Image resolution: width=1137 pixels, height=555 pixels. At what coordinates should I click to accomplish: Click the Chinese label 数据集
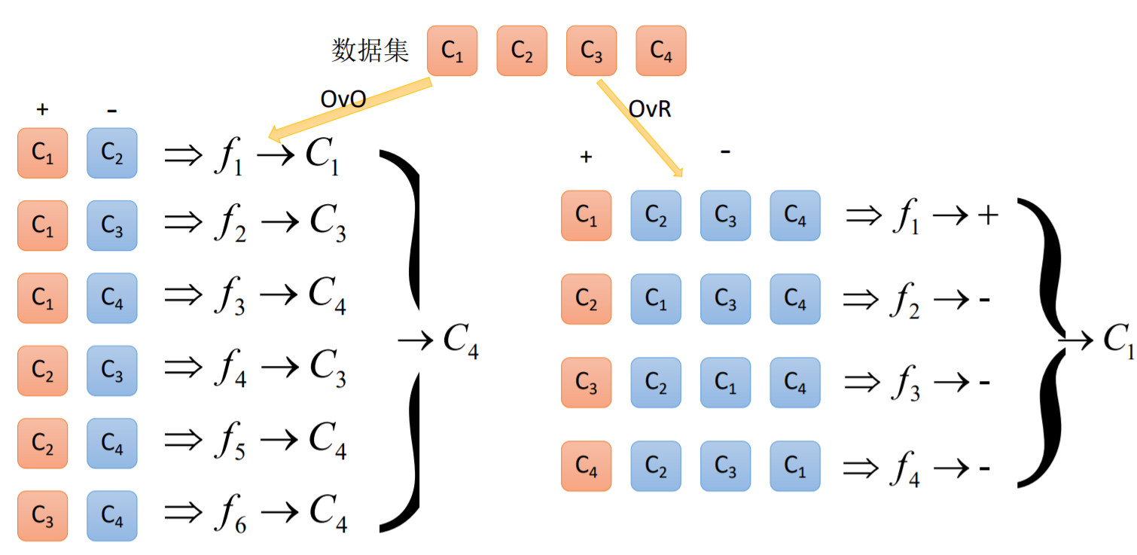370,51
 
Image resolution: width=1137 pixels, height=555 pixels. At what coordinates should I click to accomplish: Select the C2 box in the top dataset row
521,51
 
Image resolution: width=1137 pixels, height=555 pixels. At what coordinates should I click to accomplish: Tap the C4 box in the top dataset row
660,51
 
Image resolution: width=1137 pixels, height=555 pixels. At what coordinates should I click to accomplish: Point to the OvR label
650,109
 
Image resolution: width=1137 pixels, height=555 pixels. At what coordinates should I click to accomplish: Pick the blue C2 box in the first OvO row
112,154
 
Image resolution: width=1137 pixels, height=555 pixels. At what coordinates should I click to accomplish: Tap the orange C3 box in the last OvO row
43,516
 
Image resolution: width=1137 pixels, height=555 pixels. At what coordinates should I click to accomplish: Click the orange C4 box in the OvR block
586,466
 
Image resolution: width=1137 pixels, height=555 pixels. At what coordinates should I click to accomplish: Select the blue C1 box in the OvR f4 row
794,466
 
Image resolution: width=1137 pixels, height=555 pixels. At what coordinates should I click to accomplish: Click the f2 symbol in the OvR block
905,300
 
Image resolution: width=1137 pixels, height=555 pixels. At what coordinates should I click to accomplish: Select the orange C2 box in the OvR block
586,299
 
